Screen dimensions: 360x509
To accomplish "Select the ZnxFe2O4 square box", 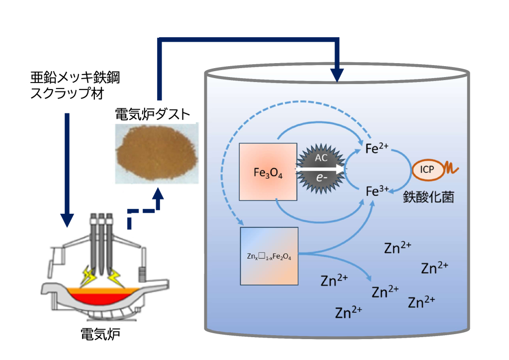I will [x=269, y=256].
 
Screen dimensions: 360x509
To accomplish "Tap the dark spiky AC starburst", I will [x=321, y=169].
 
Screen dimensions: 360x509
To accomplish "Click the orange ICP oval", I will [x=427, y=170].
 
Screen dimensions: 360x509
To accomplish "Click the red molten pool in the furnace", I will [x=99, y=298].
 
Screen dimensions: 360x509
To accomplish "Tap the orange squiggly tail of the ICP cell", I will [x=453, y=168].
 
